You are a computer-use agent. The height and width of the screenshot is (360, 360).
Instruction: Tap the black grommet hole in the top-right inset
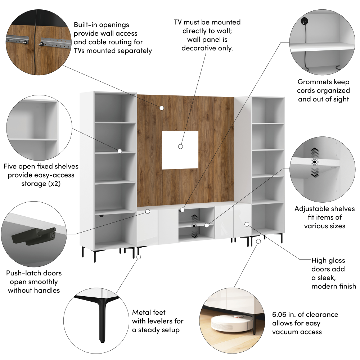pos(304,21)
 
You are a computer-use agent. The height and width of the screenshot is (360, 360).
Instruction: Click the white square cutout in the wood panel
pos(180,150)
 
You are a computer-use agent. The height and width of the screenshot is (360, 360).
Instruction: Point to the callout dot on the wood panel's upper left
pos(162,108)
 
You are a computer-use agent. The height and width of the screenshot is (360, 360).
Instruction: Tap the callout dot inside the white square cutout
pos(180,147)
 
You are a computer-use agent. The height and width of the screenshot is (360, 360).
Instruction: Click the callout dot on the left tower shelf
pos(120,151)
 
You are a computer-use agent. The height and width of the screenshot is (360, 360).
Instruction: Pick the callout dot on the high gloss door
pos(247,224)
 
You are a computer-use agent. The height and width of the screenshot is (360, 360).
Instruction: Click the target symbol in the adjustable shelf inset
pos(315,162)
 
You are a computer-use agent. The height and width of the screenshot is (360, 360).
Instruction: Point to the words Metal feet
pos(149,312)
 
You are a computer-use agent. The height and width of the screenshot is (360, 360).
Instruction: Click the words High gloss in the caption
pos(328,261)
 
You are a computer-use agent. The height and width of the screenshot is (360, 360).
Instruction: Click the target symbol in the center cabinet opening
pos(194,226)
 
